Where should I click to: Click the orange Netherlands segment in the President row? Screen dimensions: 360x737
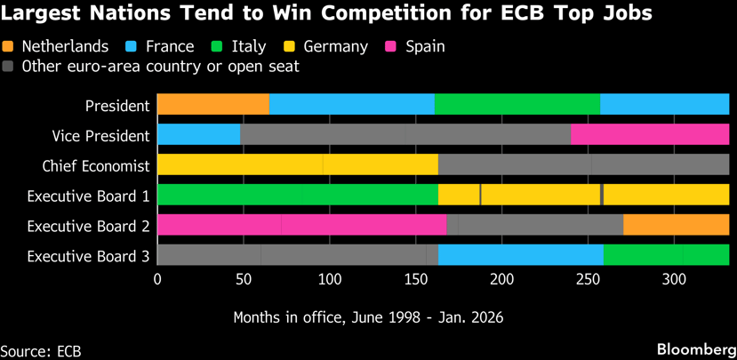[x=213, y=104]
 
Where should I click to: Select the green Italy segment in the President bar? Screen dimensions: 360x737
[x=517, y=104]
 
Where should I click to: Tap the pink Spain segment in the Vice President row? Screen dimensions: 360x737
[x=649, y=134]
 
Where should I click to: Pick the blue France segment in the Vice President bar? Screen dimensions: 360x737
[x=198, y=134]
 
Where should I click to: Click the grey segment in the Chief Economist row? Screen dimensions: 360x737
[x=583, y=164]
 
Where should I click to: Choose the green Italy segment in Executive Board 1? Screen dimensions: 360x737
[x=297, y=195]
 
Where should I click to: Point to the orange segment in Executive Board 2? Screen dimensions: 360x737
[x=676, y=225]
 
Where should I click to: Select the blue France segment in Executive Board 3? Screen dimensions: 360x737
[x=520, y=255]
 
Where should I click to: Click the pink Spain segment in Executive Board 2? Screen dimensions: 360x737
[x=301, y=225]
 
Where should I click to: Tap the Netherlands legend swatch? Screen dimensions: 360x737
[x=9, y=46]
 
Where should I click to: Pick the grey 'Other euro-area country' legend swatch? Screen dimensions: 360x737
[x=9, y=66]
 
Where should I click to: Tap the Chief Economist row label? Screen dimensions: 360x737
[x=96, y=165]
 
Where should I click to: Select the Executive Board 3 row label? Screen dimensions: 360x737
[x=88, y=256]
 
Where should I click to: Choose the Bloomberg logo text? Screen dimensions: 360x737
[x=693, y=349]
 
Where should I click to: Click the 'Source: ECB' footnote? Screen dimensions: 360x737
[x=41, y=350]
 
